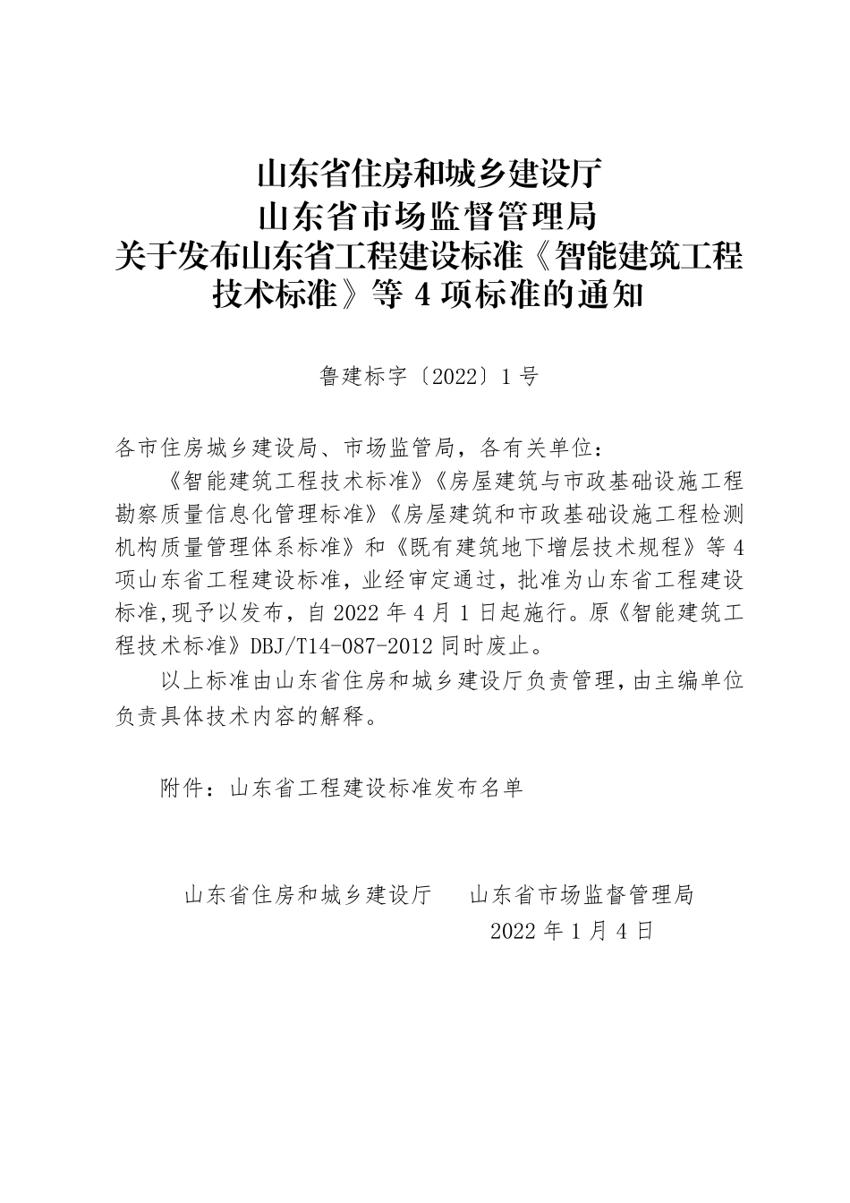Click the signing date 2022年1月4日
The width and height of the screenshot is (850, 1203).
(x=573, y=931)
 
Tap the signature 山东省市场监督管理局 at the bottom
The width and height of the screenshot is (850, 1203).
(x=582, y=894)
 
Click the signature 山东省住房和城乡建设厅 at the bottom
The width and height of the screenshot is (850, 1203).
(x=309, y=894)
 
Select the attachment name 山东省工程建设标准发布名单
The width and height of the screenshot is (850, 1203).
(x=376, y=789)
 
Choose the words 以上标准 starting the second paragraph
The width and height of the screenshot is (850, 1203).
(x=207, y=681)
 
